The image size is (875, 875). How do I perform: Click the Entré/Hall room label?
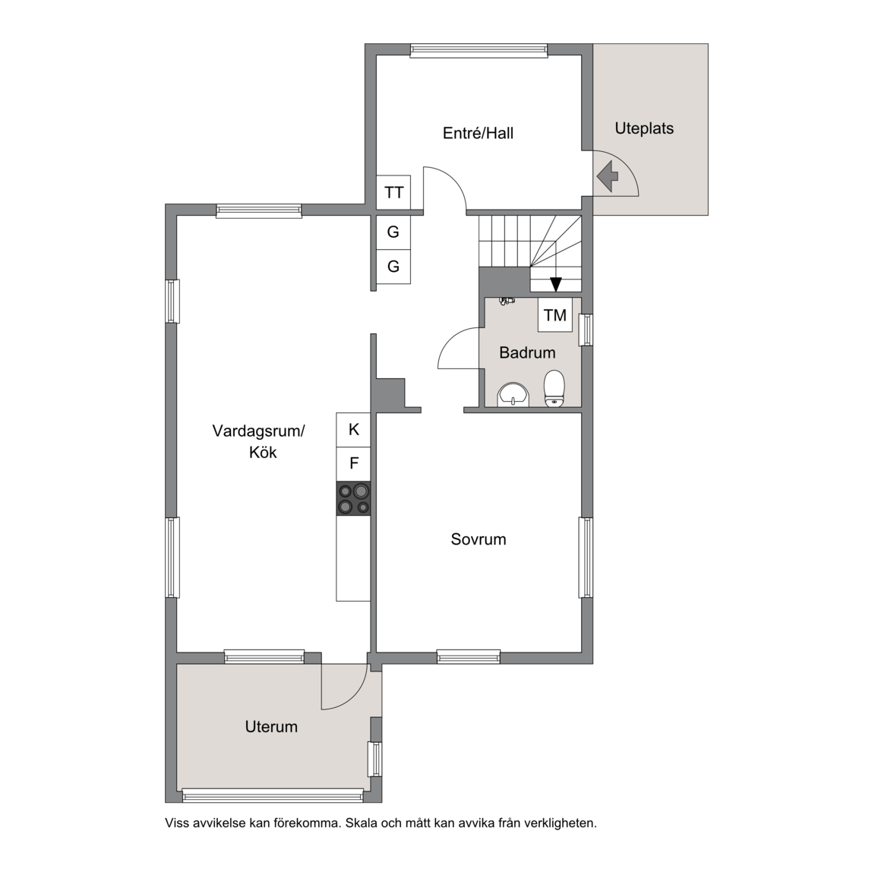coord(478,134)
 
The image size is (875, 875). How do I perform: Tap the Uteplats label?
coord(644,128)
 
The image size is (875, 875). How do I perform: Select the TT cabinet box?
coord(394,192)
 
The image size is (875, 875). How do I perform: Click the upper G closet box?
coord(393,232)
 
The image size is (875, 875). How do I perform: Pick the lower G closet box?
coord(393,267)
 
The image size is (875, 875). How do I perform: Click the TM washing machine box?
coord(555,315)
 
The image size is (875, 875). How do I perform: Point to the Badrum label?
coord(527,352)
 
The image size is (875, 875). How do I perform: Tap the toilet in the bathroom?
coord(554,388)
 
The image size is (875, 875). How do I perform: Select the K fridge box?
coord(353,430)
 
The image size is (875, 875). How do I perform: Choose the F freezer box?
coord(353,464)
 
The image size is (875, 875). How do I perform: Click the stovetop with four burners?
coord(353,498)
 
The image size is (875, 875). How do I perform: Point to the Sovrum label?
coord(479,539)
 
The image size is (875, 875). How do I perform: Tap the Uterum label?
coord(271,727)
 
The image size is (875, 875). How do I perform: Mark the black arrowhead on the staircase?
coord(555,285)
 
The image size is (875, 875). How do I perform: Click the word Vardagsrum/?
coord(258,431)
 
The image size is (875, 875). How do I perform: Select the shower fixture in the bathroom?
coord(506,302)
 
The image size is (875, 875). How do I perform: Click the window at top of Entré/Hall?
coord(479,51)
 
